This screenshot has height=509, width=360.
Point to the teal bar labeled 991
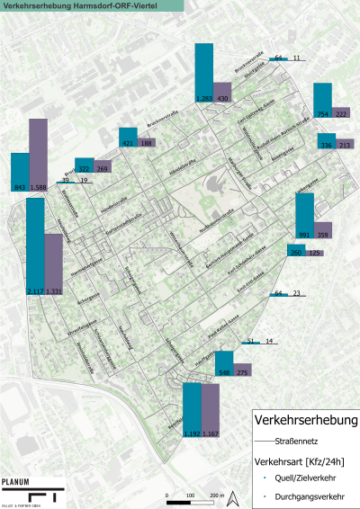point(305,215)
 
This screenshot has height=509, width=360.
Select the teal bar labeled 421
point(127,137)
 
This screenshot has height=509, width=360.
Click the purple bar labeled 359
point(324,229)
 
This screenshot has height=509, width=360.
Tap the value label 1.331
point(54,291)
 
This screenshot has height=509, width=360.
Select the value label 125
point(315,253)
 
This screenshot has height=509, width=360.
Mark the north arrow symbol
point(233,496)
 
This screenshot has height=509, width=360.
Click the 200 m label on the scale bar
point(216,496)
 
